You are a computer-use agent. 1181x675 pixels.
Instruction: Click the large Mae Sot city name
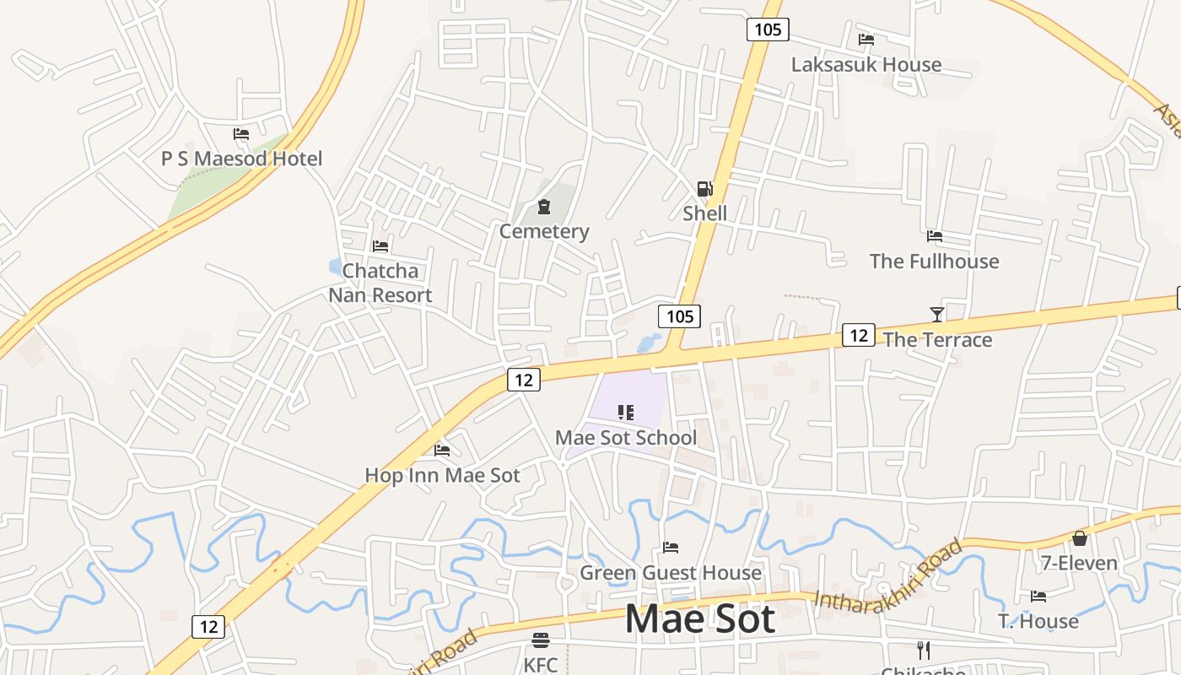[x=699, y=618]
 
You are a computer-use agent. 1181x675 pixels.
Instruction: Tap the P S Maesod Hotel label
[x=241, y=158]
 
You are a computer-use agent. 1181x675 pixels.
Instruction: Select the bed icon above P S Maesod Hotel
[x=241, y=134]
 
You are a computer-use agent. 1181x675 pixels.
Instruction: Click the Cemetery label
[x=544, y=231]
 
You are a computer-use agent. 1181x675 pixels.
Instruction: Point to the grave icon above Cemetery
[x=544, y=207]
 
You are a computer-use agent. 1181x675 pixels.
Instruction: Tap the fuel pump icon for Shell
[x=704, y=189]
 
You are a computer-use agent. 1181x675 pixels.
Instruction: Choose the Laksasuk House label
[x=866, y=64]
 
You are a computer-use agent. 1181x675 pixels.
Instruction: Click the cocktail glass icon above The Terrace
[x=936, y=315]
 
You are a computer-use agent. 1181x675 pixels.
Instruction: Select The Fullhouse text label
[x=934, y=261]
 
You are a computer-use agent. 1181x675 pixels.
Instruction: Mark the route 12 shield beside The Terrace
[x=858, y=335]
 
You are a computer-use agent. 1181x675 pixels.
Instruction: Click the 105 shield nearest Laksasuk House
[x=767, y=30]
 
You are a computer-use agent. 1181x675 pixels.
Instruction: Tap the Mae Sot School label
[x=626, y=437]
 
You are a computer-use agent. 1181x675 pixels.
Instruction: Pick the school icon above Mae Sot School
[x=626, y=413]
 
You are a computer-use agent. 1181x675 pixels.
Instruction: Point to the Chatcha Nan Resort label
[x=380, y=283]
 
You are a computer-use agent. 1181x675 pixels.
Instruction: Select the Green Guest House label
[x=670, y=573]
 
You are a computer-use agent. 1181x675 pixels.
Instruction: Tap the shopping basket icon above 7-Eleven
[x=1079, y=538]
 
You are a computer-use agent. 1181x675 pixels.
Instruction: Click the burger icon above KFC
[x=541, y=640]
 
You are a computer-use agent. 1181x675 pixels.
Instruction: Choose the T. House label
[x=1038, y=621]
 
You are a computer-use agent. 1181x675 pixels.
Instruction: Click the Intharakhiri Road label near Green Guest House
[x=887, y=575]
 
